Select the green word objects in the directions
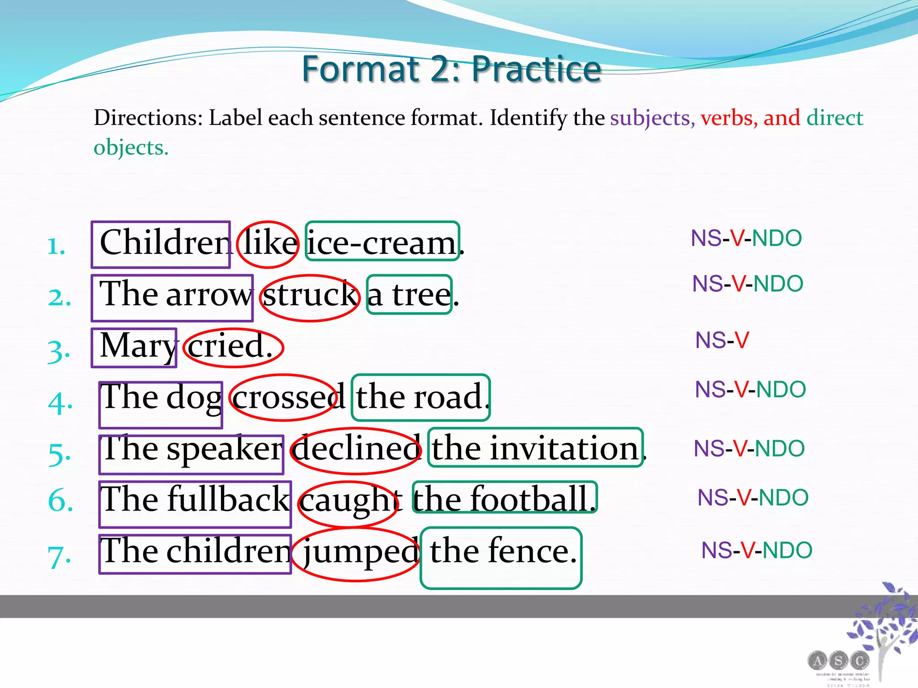(130, 147)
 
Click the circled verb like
(268, 244)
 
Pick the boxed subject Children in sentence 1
(161, 244)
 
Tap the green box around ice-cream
(382, 242)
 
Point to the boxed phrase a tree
(409, 295)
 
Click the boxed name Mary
(134, 347)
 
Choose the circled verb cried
(233, 347)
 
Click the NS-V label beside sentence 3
(722, 340)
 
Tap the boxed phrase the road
(420, 397)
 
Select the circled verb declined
(356, 449)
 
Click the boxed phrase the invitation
(535, 448)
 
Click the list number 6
(60, 500)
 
